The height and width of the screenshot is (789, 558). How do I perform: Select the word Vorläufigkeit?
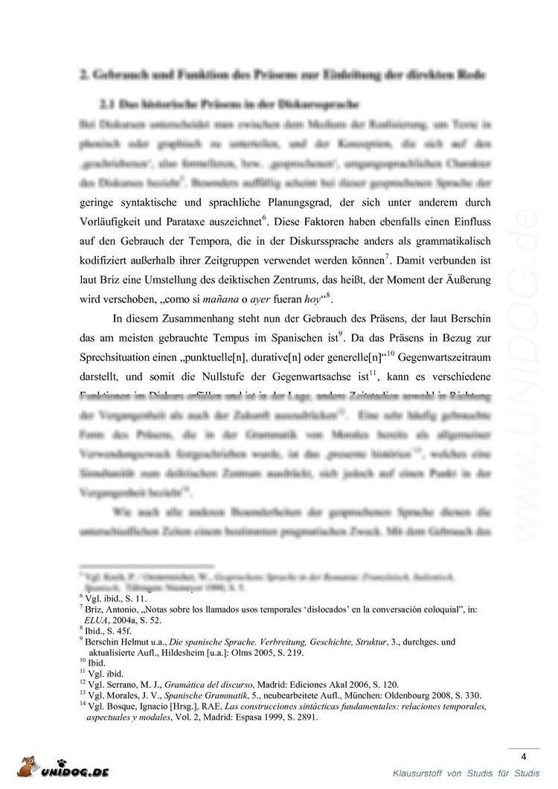point(112,220)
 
